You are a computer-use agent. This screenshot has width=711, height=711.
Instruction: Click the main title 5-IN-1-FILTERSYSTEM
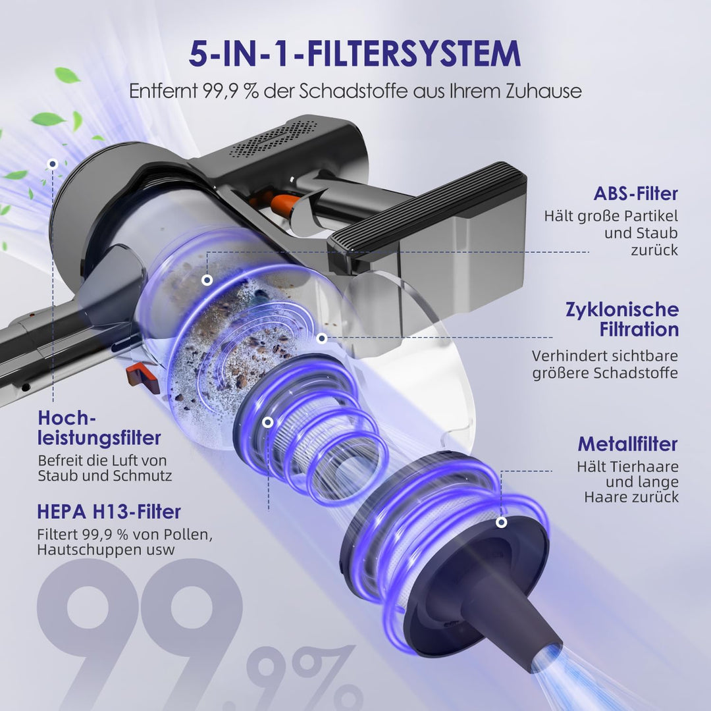(355, 53)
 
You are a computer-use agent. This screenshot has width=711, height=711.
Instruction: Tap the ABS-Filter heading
(636, 194)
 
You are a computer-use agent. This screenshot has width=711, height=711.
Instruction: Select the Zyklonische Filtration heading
(622, 319)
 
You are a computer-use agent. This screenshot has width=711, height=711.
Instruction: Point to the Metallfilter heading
(627, 444)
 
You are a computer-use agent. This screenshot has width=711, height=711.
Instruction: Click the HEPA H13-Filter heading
(109, 512)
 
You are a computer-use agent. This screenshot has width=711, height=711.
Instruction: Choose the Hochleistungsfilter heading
(99, 428)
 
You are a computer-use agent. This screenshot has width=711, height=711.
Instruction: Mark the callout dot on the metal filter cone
(501, 522)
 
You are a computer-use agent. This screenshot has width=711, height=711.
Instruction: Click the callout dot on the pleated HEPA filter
(268, 422)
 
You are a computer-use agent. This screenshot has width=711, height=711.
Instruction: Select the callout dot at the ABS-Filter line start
(207, 280)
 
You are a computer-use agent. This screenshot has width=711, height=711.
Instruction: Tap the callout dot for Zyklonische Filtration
(322, 338)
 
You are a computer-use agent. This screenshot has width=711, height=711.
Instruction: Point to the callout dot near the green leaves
(53, 164)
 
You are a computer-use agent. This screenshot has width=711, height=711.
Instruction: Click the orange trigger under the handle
(283, 203)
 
